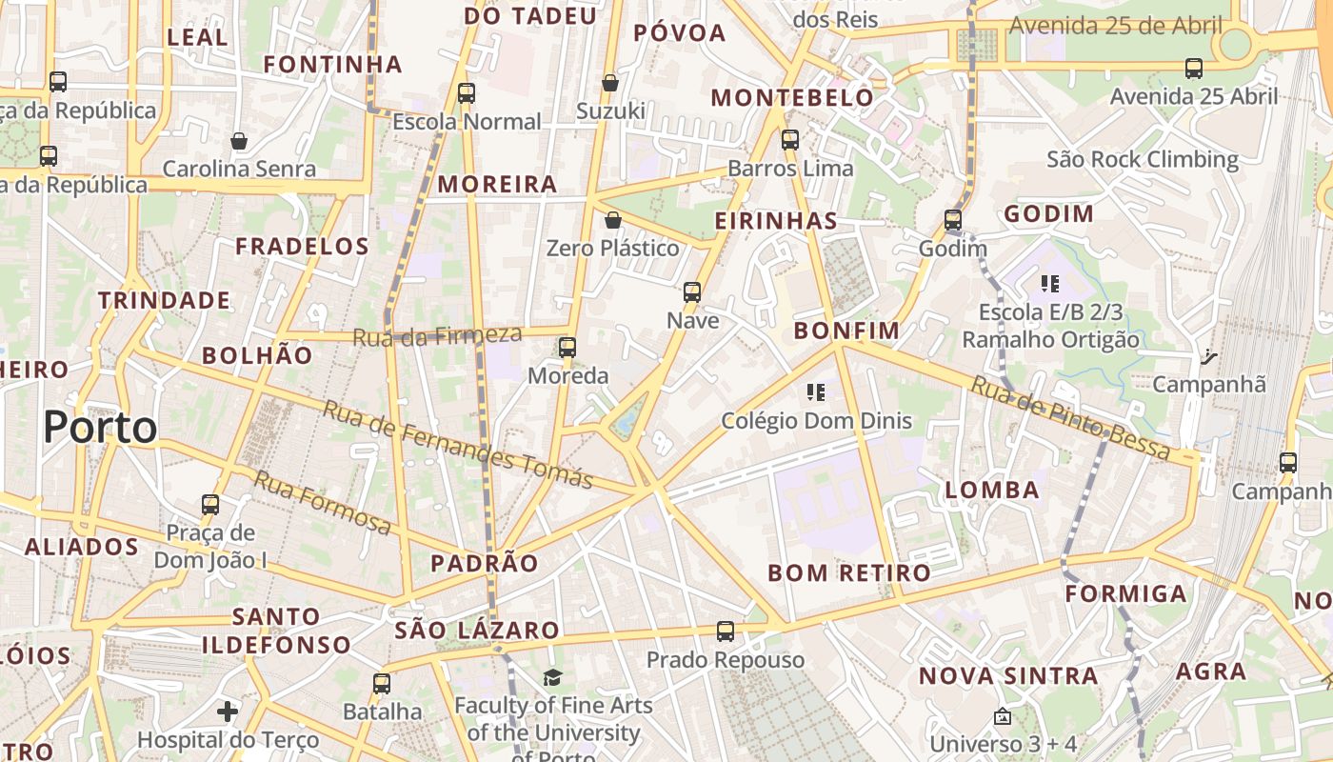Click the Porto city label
100,427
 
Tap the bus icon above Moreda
567,348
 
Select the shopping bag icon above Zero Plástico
613,220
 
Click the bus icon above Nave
692,292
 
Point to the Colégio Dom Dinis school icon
815,391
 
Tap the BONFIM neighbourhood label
846,331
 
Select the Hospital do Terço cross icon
228,712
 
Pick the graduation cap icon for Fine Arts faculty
552,677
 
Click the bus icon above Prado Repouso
726,631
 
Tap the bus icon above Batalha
382,683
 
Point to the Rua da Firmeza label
437,335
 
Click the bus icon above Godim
953,220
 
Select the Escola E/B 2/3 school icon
1050,283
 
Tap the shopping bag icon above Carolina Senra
239,141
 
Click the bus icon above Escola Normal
466,93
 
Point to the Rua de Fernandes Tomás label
457,445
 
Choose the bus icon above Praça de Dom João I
210,505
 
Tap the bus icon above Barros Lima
790,140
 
